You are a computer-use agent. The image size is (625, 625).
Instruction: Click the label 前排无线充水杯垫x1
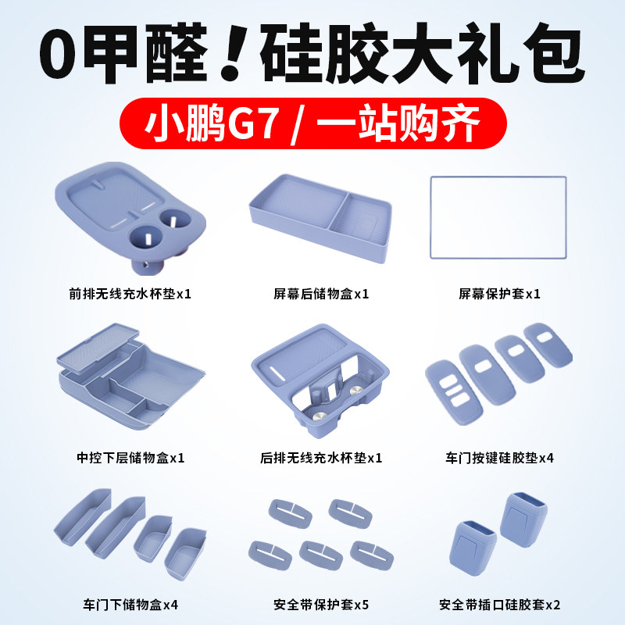coord(130,295)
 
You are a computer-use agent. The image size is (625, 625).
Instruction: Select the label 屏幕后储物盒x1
coord(320,295)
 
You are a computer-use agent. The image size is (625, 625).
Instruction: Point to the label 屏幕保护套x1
coord(499,295)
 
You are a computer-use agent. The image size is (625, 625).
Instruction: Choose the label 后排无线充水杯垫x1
coord(320,457)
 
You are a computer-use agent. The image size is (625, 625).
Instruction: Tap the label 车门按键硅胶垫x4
coord(499,457)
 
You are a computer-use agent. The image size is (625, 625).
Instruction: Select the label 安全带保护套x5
coord(320,604)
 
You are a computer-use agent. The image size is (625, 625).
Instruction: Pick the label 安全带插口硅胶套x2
coord(499,604)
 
